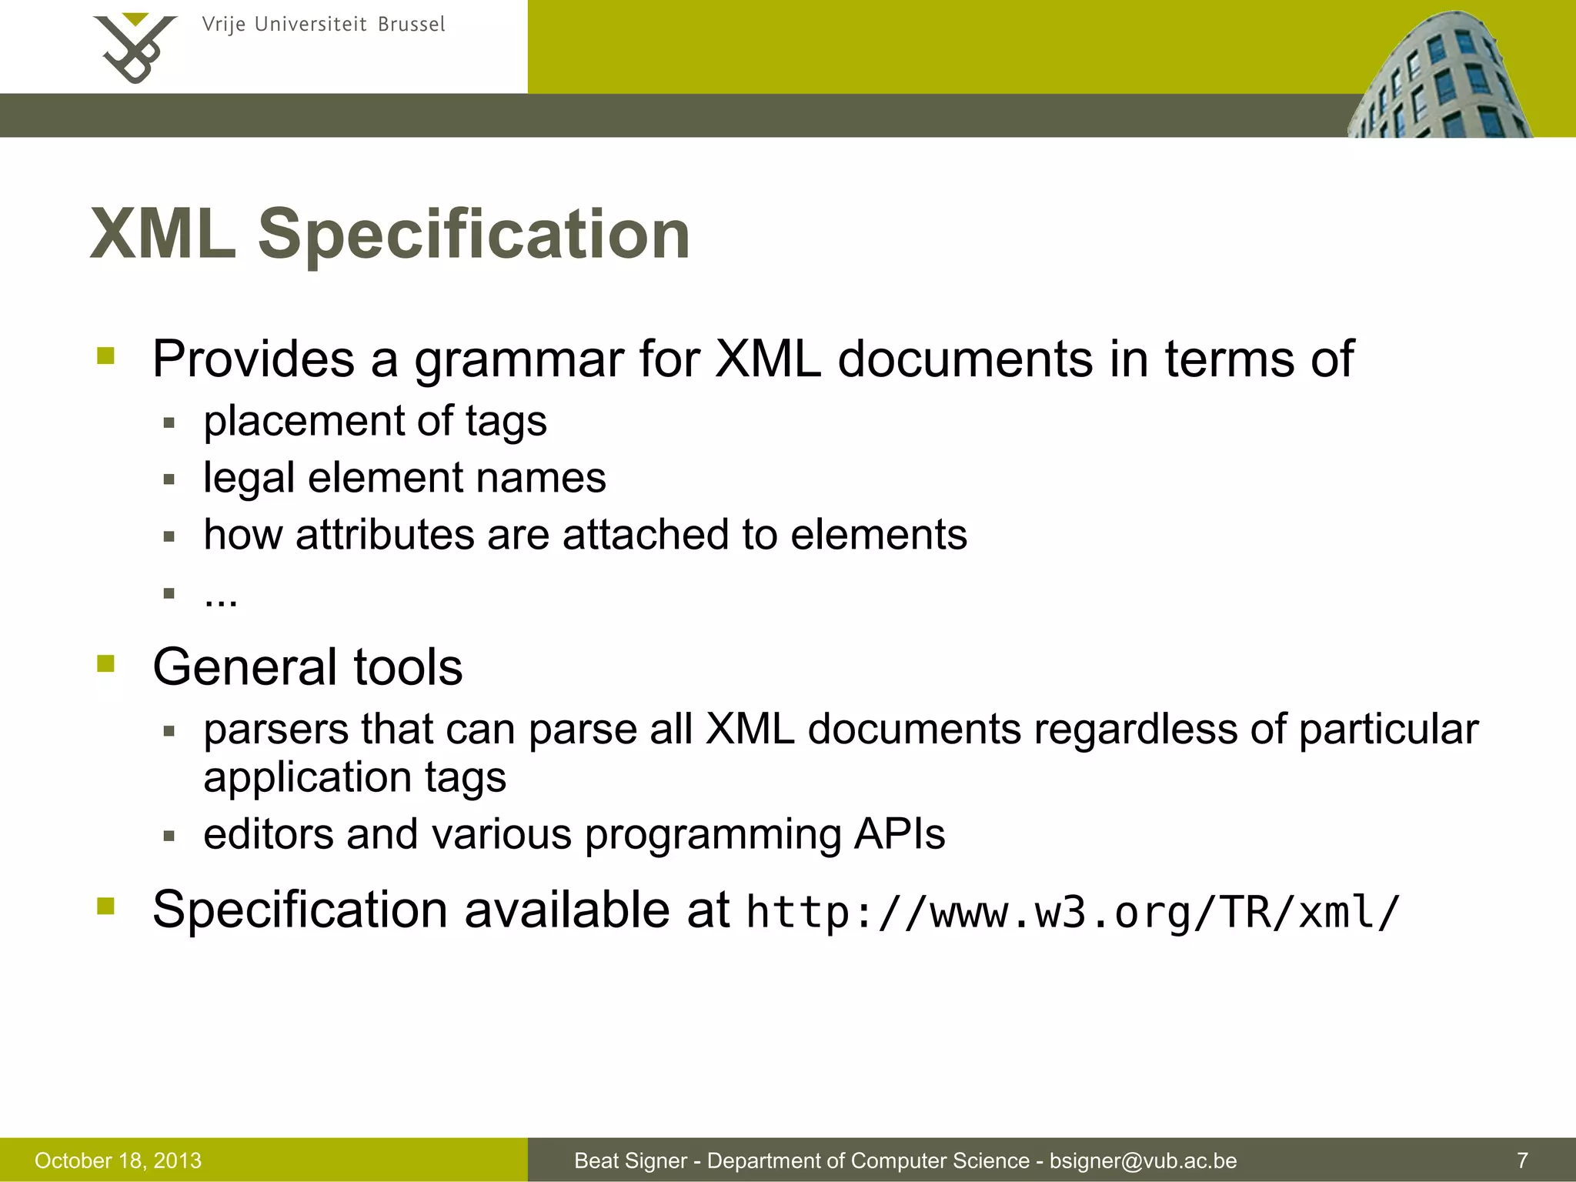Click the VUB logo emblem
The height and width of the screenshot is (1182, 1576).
[x=135, y=48]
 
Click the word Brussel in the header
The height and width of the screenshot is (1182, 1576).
[x=412, y=25]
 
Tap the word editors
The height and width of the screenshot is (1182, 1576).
[x=269, y=834]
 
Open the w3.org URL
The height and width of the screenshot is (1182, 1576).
[x=1072, y=913]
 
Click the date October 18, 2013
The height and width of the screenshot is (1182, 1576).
[x=118, y=1160]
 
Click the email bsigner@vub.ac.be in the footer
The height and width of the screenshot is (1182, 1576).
[x=1143, y=1160]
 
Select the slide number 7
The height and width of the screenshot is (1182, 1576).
[x=1522, y=1160]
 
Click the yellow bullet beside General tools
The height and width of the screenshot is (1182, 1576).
[x=106, y=663]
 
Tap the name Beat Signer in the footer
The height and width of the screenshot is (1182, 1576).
[x=630, y=1160]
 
